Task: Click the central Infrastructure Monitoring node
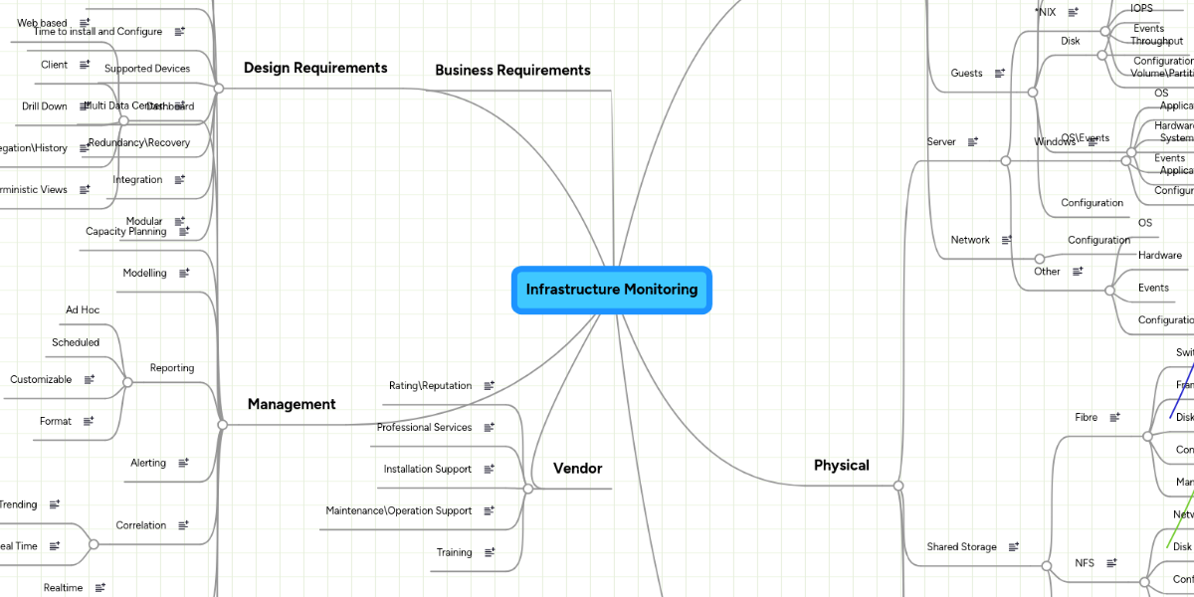click(612, 290)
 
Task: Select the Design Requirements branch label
click(315, 68)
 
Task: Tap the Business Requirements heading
click(512, 70)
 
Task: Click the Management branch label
click(292, 404)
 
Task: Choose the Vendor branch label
click(578, 468)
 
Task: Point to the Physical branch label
click(842, 465)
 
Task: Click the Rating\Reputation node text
click(430, 385)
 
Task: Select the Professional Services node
click(424, 427)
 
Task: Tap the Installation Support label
click(428, 469)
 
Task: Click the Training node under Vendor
click(455, 552)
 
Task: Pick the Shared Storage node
click(961, 546)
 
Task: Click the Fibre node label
click(1087, 417)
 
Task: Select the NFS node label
click(1085, 562)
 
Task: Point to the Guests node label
click(966, 73)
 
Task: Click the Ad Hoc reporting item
click(83, 309)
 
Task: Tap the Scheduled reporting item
click(76, 342)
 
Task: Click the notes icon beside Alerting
click(184, 463)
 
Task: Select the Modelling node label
click(145, 273)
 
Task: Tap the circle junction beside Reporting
click(127, 382)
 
